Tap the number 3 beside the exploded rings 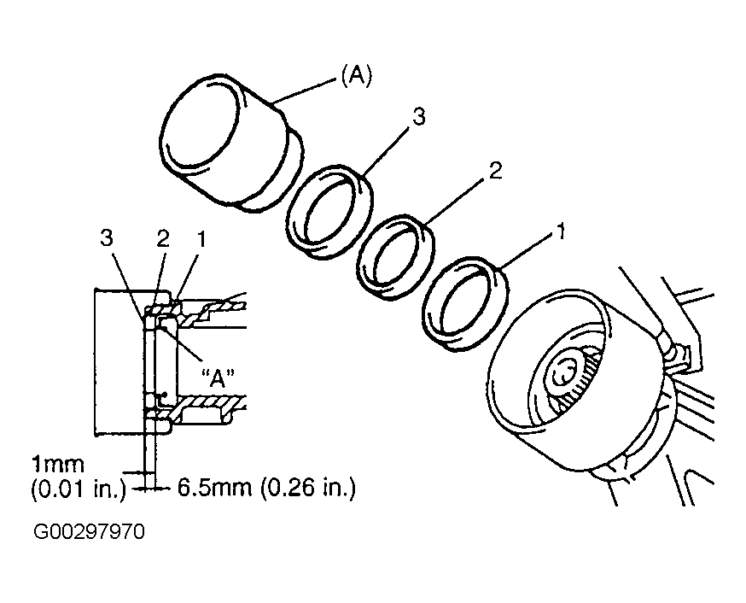coord(419,117)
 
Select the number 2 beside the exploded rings coord(495,170)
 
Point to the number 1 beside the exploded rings coord(561,231)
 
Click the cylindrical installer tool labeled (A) coord(233,143)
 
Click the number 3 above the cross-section coord(107,238)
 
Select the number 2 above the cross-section coord(163,239)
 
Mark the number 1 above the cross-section coord(202,239)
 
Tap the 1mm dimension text coord(57,464)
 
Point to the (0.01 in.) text coord(79,489)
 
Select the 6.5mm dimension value coord(214,488)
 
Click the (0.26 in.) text coord(308,488)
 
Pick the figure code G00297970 coord(89,531)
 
